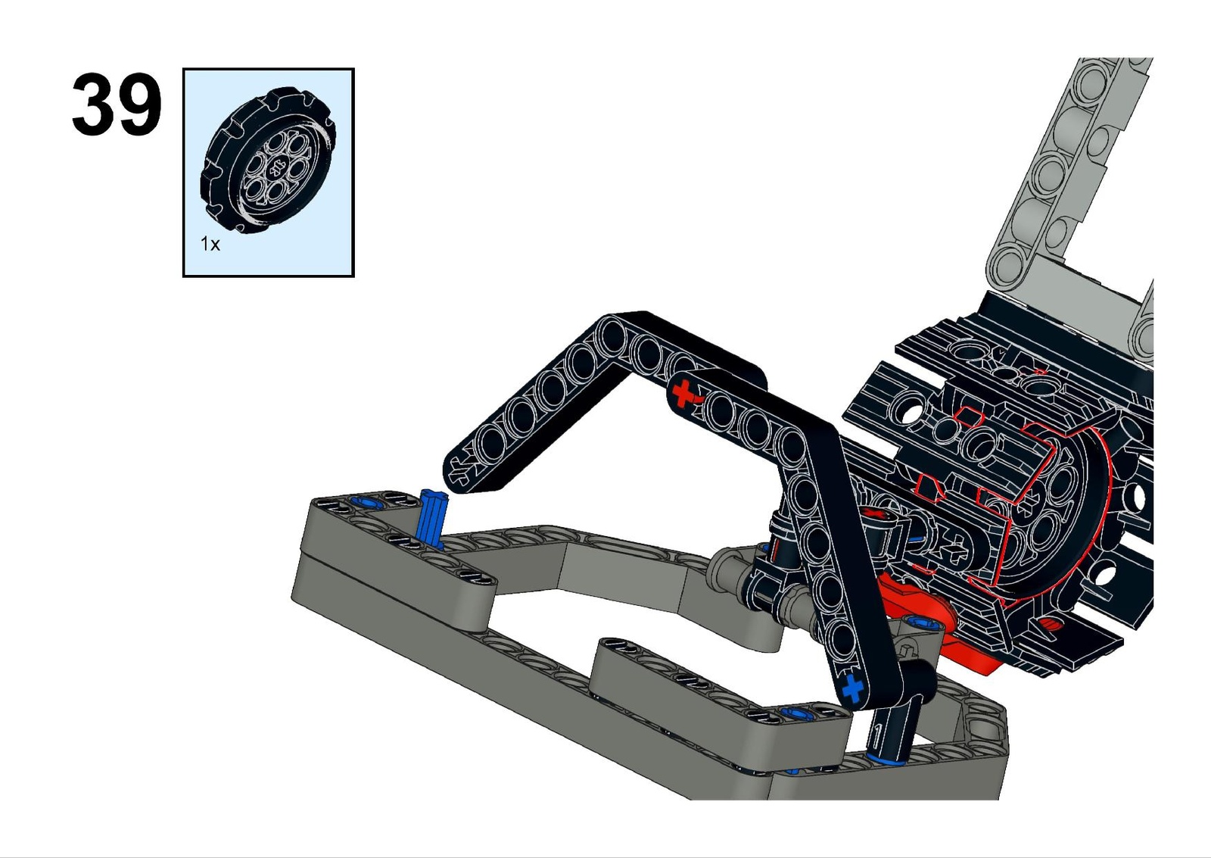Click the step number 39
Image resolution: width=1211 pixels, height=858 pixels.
117,105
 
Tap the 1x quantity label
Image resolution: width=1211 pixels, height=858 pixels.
210,244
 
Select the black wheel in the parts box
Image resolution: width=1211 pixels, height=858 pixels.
268,161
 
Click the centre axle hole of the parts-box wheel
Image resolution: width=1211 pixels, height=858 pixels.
276,167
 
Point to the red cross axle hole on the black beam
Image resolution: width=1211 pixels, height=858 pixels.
683,393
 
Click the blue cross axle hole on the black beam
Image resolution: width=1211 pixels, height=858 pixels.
853,688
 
